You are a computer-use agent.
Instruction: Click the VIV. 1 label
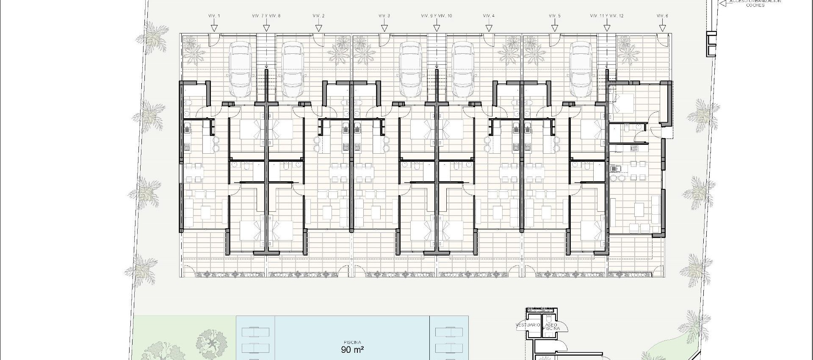pyautogui.click(x=214, y=16)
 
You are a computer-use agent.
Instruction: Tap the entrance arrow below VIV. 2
pyautogui.click(x=319, y=28)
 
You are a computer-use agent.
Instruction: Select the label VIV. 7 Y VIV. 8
pyautogui.click(x=266, y=16)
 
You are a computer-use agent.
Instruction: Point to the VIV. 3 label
pyautogui.click(x=384, y=16)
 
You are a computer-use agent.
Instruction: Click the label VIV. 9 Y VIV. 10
pyautogui.click(x=437, y=16)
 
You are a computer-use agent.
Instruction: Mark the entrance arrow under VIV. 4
pyautogui.click(x=489, y=28)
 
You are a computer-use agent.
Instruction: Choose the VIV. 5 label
pyautogui.click(x=554, y=16)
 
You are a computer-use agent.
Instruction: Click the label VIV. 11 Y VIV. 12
pyautogui.click(x=607, y=16)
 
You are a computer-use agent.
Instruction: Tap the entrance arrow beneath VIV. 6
pyautogui.click(x=662, y=28)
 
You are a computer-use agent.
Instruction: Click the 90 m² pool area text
pyautogui.click(x=352, y=350)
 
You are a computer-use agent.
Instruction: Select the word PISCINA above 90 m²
pyautogui.click(x=352, y=342)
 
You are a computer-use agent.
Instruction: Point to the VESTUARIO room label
pyautogui.click(x=528, y=325)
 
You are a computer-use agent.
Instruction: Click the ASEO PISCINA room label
pyautogui.click(x=551, y=327)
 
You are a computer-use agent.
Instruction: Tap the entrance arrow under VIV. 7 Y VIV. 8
pyautogui.click(x=266, y=28)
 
